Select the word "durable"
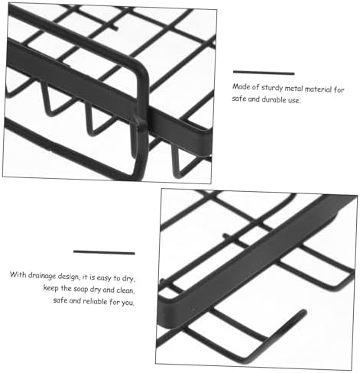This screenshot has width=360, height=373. click(274, 99)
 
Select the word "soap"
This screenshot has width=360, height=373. click(80, 289)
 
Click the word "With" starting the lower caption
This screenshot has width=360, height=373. click(18, 275)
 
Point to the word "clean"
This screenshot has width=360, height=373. click(125, 290)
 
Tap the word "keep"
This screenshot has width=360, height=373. click(50, 288)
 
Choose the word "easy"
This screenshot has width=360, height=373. click(104, 277)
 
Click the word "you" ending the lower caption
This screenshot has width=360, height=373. click(128, 303)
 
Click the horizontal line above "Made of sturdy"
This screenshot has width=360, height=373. click(264, 73)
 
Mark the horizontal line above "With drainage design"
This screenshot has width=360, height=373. click(104, 252)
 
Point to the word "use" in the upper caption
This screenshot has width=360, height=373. click(294, 100)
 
